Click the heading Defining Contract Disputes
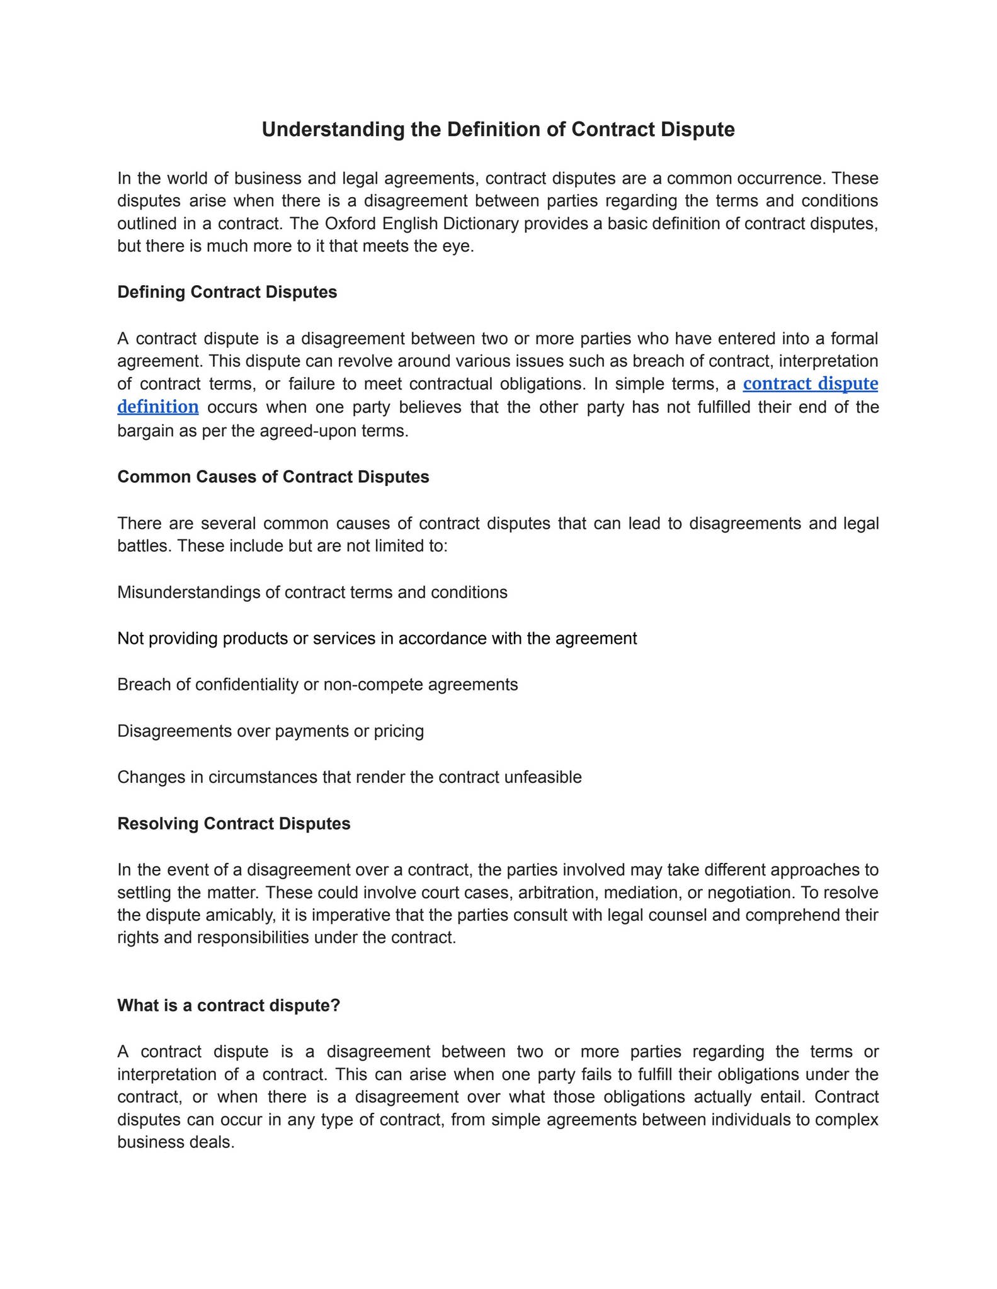click(227, 293)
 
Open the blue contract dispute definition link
click(810, 384)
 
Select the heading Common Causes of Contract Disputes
click(273, 477)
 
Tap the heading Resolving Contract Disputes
click(234, 824)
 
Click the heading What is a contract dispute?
click(228, 1006)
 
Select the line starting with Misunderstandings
click(312, 593)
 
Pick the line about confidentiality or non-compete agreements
click(317, 685)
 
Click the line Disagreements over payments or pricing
click(270, 731)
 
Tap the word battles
click(144, 546)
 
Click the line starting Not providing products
click(377, 639)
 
